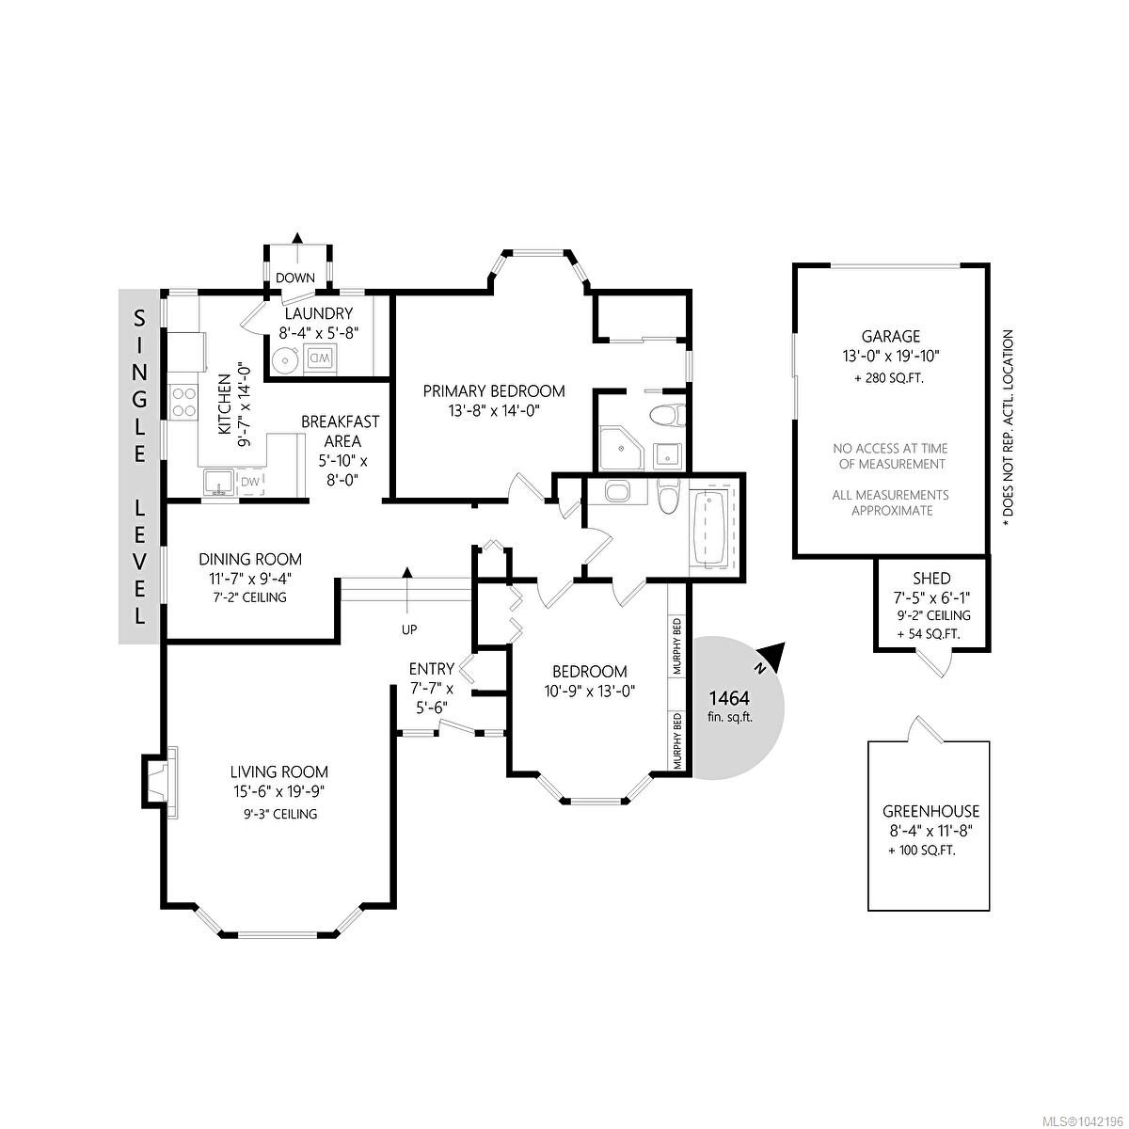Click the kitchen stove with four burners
coord(183,402)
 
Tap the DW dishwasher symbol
coord(251,483)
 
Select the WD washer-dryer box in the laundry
coord(320,358)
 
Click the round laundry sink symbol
coord(286,358)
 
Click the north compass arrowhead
coord(773,655)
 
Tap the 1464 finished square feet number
coord(729,699)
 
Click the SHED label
coord(931,579)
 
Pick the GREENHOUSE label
coord(930,811)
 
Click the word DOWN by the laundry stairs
coord(295,278)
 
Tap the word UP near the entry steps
coord(409,629)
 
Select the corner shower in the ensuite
coord(622,449)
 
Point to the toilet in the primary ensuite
coord(668,416)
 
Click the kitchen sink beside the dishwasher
coord(219,483)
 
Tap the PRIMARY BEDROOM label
coord(494,390)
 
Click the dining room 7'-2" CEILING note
coord(251,597)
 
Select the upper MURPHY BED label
coord(677,645)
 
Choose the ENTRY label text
coord(432,669)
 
